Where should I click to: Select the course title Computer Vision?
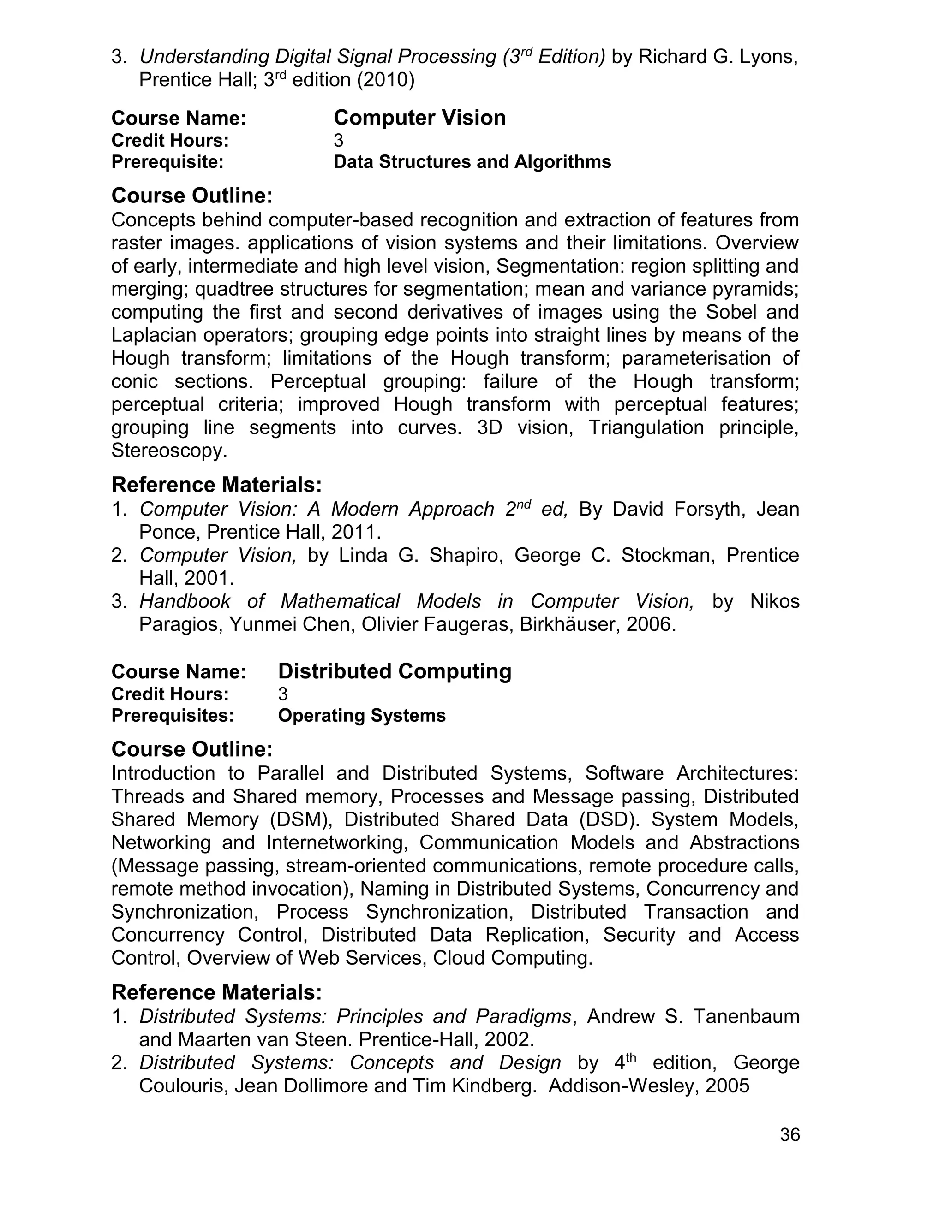tap(419, 118)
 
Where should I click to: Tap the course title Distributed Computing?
tap(394, 671)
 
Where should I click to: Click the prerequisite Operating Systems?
tap(362, 716)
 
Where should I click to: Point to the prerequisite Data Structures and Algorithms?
tap(472, 162)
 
